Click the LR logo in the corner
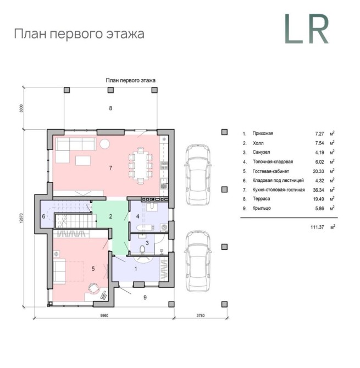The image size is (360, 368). [307, 29]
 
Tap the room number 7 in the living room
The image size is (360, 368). [110, 168]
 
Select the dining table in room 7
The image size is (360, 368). [141, 165]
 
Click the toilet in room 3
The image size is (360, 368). [142, 250]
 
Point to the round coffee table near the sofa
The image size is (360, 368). [104, 144]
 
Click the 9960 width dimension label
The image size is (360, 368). [104, 315]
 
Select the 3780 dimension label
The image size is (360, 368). [201, 315]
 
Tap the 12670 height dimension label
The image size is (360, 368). [21, 218]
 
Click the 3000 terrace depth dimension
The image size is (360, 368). [21, 108]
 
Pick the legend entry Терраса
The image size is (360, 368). [261, 199]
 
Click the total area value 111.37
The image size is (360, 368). [317, 227]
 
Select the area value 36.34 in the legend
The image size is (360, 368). [318, 190]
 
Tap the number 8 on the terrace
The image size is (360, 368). [110, 108]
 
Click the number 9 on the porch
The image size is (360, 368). [145, 297]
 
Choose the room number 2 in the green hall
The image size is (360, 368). [110, 216]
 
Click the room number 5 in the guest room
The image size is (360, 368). [93, 269]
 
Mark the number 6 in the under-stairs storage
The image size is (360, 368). [43, 216]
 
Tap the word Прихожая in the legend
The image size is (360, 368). [263, 133]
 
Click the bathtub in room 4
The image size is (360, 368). [145, 227]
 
